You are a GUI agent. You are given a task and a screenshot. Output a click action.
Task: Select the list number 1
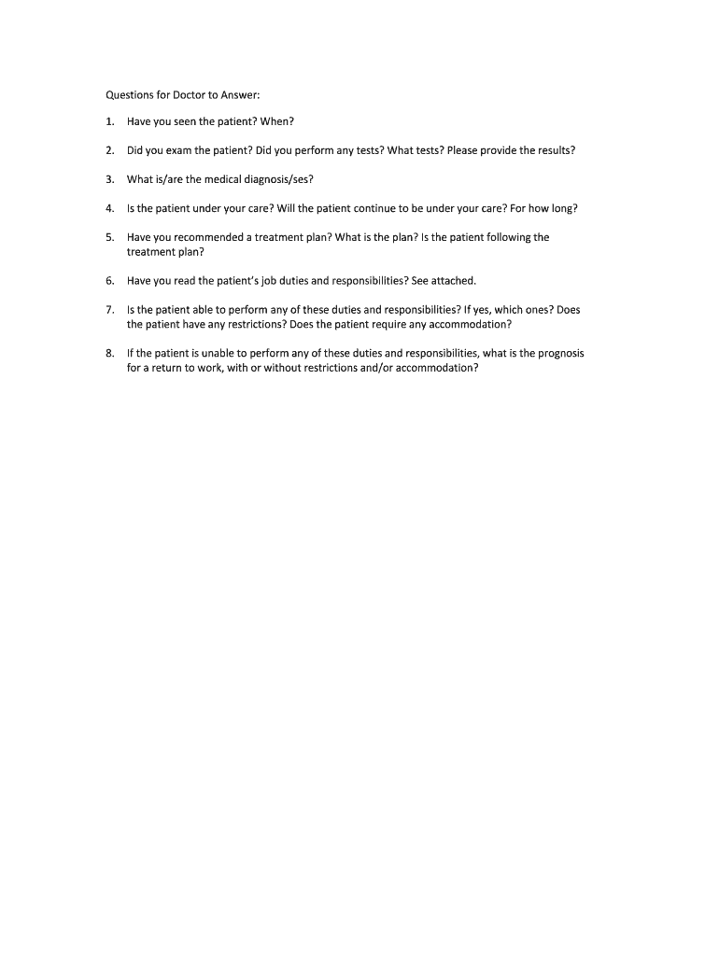point(109,121)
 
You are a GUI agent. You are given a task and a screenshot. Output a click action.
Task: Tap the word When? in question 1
point(277,121)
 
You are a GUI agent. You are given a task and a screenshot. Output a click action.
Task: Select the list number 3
point(109,179)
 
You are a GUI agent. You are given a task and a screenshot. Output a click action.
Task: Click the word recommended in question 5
point(201,237)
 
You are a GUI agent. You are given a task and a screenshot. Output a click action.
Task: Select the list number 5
point(109,237)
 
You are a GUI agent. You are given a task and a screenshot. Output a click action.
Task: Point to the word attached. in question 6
point(454,280)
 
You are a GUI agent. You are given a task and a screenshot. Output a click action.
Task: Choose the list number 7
point(109,309)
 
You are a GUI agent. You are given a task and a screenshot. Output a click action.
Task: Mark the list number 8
point(109,353)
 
